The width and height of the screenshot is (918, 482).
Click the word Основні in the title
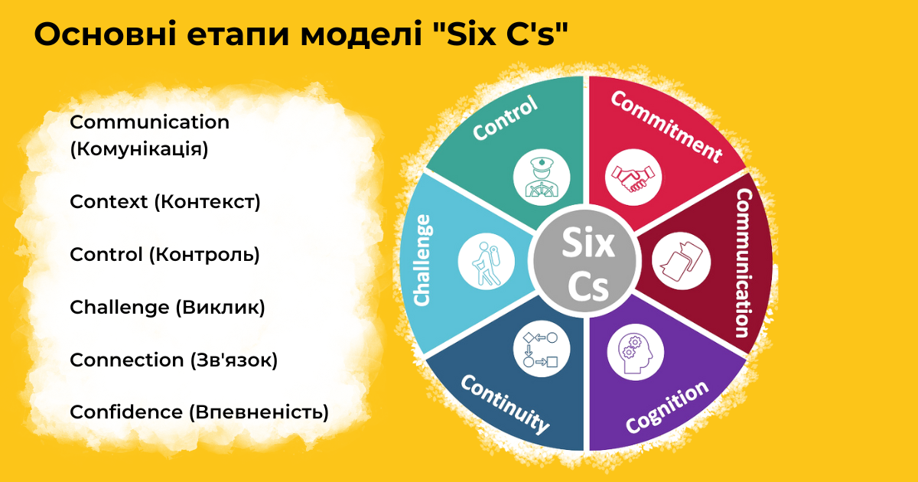click(106, 34)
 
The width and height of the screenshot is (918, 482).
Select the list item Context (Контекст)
click(164, 202)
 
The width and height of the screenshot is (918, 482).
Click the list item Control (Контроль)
click(164, 255)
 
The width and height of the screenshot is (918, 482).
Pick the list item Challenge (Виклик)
click(168, 308)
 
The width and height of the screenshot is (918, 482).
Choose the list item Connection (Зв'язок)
click(174, 360)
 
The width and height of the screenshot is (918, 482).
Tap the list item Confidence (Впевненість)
click(199, 412)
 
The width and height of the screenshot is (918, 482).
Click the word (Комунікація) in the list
click(139, 148)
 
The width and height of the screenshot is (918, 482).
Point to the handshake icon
click(633, 177)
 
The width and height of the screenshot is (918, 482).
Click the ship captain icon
click(542, 177)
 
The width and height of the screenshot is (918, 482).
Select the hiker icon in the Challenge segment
click(486, 262)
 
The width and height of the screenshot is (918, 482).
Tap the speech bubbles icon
click(681, 261)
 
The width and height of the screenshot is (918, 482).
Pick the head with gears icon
click(636, 352)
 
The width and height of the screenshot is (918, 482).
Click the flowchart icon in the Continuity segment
click(542, 349)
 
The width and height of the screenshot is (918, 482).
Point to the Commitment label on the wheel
click(667, 127)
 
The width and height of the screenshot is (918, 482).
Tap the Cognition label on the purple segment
click(667, 406)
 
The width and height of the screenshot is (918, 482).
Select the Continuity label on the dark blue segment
click(506, 404)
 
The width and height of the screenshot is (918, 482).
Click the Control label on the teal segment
click(505, 118)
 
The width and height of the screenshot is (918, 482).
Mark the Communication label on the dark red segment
click(745, 263)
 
